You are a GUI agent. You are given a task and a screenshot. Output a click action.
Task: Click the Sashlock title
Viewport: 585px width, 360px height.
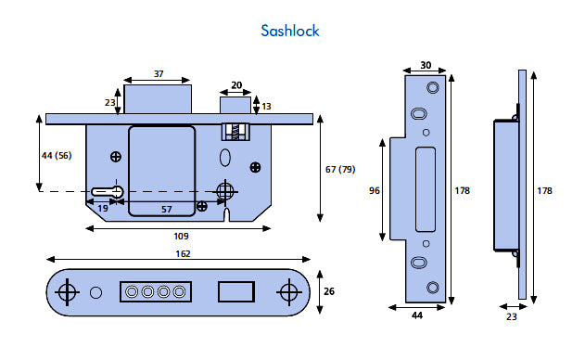pos(290,31)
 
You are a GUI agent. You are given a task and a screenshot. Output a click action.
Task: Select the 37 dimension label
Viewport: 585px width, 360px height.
pos(159,73)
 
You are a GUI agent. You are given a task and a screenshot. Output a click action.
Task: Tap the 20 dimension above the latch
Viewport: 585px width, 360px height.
pos(236,85)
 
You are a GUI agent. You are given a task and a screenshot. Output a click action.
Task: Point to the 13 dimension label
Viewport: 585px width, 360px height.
pos(266,107)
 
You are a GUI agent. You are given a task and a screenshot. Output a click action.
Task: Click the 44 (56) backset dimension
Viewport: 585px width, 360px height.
pos(57,155)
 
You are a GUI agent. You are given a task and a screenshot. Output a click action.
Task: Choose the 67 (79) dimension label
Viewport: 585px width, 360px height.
pos(340,169)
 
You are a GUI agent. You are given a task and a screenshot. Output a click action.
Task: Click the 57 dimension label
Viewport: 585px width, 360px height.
pos(166,209)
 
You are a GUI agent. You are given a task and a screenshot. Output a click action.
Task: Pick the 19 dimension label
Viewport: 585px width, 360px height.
pos(103,208)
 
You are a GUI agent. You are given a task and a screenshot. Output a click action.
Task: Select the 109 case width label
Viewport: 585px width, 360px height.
pos(181,236)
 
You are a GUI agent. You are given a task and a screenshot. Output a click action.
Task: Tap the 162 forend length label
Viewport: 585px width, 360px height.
pos(183,254)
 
